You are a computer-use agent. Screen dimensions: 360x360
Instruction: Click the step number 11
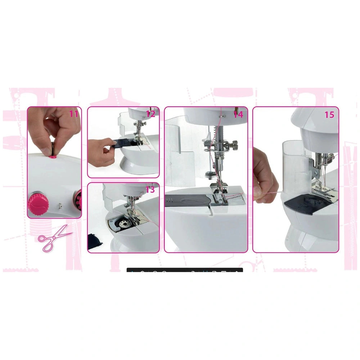tap(73, 114)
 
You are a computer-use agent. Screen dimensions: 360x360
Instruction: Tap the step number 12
tap(150, 114)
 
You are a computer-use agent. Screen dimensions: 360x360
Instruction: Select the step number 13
tap(150, 190)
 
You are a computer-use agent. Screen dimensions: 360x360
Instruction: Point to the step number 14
tap(238, 114)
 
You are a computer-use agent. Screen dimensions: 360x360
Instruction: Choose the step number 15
tap(329, 114)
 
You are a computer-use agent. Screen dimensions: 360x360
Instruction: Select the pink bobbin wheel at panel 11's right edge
tap(78, 200)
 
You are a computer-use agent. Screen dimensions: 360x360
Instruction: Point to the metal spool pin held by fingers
tap(53, 147)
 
